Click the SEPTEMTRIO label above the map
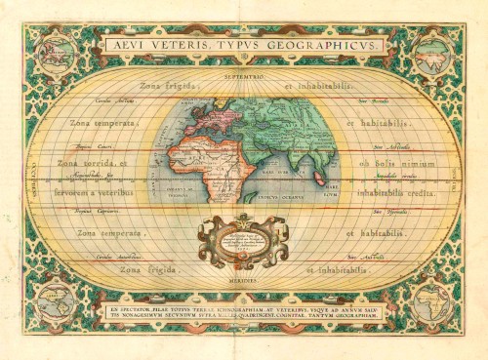(x=243, y=75)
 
